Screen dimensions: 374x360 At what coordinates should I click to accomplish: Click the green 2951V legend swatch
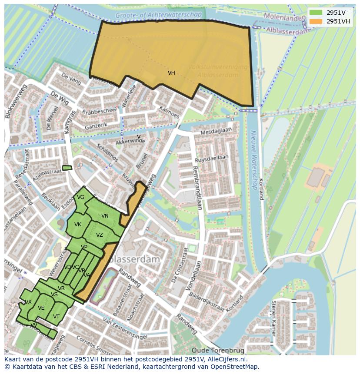(316, 12)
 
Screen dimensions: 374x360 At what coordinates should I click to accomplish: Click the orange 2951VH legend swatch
(316, 21)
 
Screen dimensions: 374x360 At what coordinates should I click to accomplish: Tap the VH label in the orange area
(171, 73)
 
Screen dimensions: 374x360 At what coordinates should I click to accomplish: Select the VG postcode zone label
(80, 197)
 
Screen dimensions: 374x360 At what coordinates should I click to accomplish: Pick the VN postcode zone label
(105, 216)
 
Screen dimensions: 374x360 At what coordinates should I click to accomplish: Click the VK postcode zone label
(78, 225)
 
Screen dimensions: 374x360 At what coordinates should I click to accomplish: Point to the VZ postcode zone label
(100, 235)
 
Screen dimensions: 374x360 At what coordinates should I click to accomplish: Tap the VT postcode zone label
(56, 317)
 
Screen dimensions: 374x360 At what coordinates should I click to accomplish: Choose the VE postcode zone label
(41, 308)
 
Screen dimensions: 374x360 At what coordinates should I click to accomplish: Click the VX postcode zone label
(28, 302)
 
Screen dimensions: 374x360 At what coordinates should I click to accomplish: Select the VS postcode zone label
(54, 295)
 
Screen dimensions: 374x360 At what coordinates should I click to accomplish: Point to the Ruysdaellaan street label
(212, 159)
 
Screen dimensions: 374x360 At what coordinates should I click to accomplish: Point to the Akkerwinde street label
(130, 142)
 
